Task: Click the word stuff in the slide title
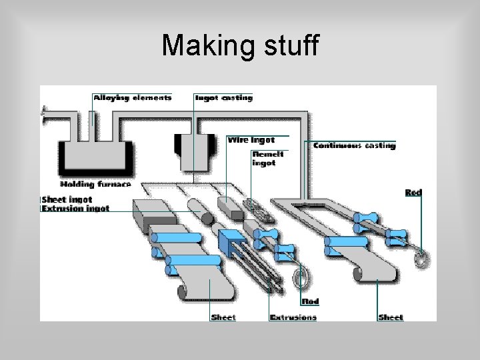pos(286,45)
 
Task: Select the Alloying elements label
pos(132,97)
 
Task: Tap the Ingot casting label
pos(223,97)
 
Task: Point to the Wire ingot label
pos(251,140)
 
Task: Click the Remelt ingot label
pos(268,159)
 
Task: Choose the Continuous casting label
pos(354,145)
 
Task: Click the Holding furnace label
pos(95,184)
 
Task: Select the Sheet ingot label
pos(67,199)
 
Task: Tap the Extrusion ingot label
pos(75,209)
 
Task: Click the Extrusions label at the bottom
pos(293,317)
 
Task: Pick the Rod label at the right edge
pos(413,193)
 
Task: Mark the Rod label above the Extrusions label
pos(310,301)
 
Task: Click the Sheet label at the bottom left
pos(223,317)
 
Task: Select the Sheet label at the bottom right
pos(390,317)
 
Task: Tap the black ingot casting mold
pos(195,150)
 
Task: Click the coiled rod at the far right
pos(419,257)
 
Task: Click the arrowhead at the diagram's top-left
pos(44,112)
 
